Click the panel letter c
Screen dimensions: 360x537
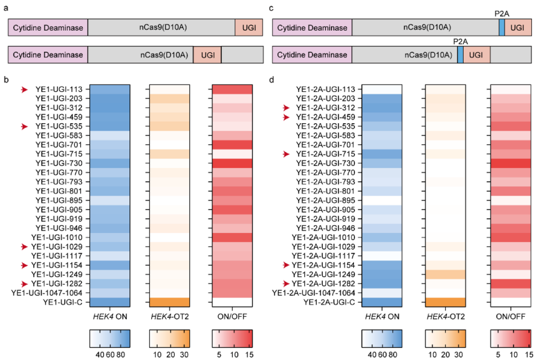tap(272, 8)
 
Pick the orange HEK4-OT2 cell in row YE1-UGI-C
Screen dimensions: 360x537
tap(170, 302)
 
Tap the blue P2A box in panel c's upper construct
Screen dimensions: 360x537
tap(502, 27)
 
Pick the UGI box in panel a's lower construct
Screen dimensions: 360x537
tap(207, 56)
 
